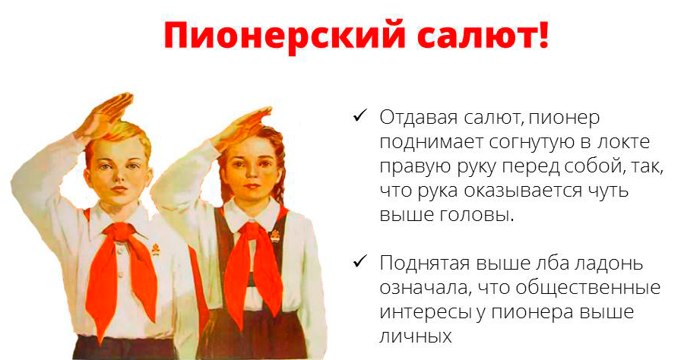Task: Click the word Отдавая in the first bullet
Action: [416, 118]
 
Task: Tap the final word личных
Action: [416, 336]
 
